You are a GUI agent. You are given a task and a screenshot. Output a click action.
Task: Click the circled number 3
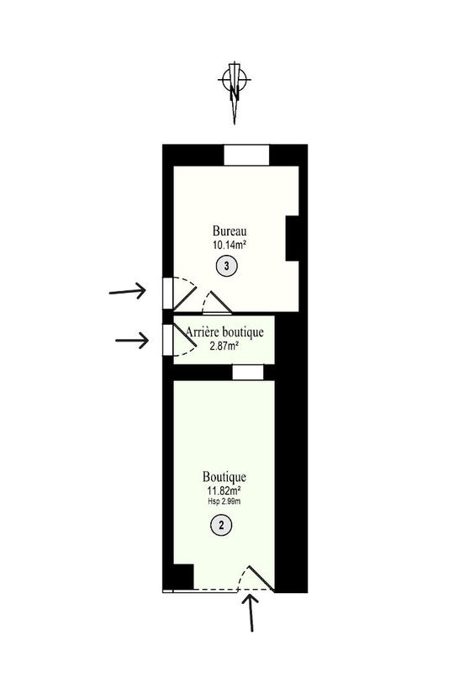224,267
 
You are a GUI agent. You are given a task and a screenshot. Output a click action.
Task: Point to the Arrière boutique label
224,332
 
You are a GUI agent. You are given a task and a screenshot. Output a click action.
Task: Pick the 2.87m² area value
224,345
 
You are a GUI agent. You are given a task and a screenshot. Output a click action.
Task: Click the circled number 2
221,525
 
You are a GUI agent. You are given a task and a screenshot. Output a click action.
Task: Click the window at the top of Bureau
246,156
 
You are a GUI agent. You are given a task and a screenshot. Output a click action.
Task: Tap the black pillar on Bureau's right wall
293,238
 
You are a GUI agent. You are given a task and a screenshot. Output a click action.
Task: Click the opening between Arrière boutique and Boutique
248,372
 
